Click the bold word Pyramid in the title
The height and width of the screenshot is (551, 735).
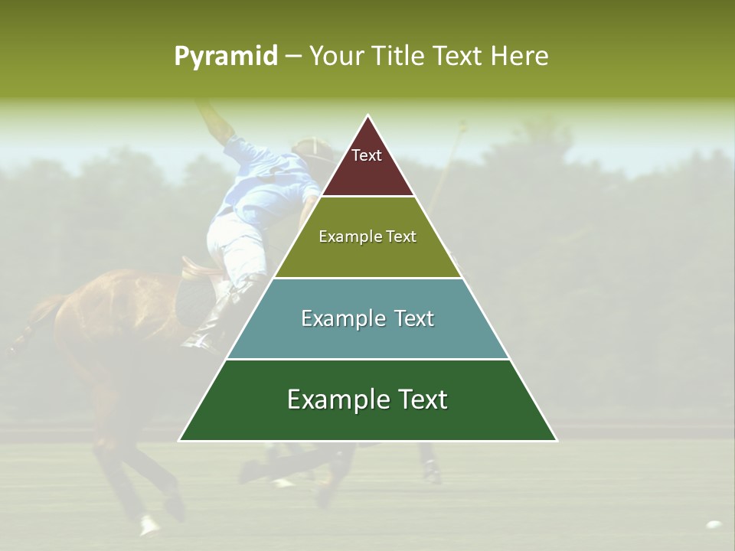225,56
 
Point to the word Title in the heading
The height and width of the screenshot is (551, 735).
400,56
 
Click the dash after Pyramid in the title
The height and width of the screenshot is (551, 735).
292,57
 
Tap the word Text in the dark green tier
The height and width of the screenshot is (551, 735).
422,399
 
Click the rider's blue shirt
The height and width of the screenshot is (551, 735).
264,180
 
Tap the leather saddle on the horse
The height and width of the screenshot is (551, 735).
197,269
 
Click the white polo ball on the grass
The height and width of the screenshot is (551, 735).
714,525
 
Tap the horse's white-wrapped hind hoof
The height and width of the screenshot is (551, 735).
149,524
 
